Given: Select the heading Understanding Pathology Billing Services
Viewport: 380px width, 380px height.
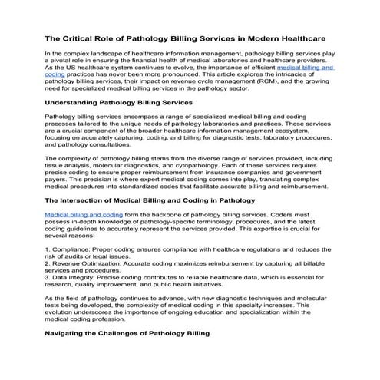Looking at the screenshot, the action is [130, 102].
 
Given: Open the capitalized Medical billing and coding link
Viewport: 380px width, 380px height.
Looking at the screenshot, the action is [84, 216].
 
